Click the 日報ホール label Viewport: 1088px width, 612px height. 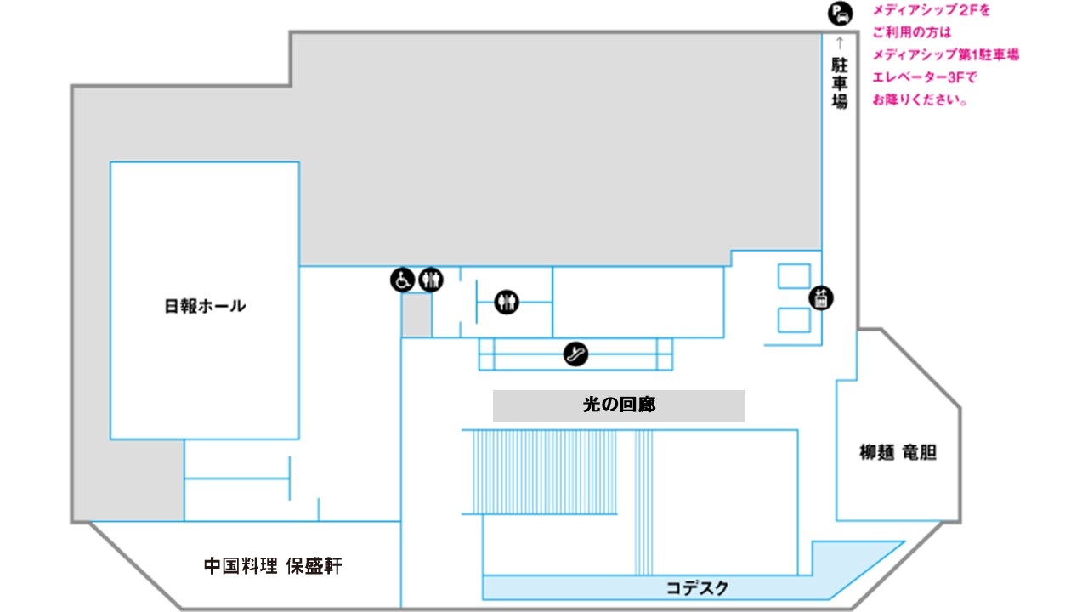click(x=205, y=306)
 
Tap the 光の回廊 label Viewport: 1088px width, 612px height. click(x=620, y=404)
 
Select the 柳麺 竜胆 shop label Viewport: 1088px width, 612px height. click(x=898, y=453)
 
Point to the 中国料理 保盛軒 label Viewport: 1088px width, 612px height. click(x=273, y=566)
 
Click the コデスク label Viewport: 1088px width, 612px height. click(x=697, y=588)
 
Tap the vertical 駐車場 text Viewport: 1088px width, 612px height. click(x=840, y=82)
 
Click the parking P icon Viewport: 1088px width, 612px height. click(x=841, y=13)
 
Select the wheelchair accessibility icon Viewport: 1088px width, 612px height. click(x=402, y=280)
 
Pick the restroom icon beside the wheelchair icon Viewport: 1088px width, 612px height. click(x=431, y=280)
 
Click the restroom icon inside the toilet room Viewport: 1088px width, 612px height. click(x=507, y=302)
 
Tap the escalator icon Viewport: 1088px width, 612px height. click(x=575, y=354)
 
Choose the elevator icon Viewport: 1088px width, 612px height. click(x=821, y=297)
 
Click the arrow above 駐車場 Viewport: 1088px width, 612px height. click(x=840, y=42)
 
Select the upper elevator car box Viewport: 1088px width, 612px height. click(x=794, y=276)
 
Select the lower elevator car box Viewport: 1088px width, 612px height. click(x=794, y=320)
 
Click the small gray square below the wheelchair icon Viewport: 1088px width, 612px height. click(x=416, y=314)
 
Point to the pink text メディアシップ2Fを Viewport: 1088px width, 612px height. click(x=931, y=10)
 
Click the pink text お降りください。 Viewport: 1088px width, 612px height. click(x=920, y=99)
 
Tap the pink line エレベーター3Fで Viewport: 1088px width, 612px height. click(x=924, y=77)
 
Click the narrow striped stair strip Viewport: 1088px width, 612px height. click(x=643, y=502)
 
